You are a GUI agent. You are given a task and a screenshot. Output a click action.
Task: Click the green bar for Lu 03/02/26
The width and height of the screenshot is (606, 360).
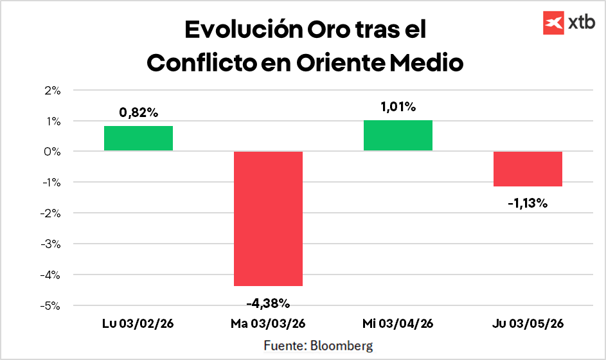[x=138, y=138]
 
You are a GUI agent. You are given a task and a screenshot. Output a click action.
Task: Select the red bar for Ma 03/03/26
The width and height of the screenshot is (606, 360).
[x=268, y=219]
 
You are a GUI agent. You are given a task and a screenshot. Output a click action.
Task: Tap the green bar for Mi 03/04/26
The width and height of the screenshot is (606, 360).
[x=398, y=136]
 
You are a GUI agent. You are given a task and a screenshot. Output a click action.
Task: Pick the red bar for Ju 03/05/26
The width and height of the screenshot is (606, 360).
[x=528, y=169]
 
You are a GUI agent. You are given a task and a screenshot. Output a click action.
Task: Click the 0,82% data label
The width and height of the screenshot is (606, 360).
[x=138, y=113]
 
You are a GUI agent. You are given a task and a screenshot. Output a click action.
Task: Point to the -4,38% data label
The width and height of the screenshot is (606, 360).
[x=268, y=302]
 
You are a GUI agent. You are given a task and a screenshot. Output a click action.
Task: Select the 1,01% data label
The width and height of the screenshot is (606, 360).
[x=398, y=107]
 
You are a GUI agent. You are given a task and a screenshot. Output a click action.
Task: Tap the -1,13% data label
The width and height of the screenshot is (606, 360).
[x=528, y=204]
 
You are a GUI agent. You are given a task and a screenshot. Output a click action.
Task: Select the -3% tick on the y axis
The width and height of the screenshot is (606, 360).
[x=51, y=244]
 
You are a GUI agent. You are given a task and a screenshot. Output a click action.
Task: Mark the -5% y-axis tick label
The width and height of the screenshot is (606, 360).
[x=51, y=306]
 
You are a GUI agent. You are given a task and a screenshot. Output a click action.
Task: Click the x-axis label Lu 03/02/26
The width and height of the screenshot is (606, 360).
[x=138, y=323]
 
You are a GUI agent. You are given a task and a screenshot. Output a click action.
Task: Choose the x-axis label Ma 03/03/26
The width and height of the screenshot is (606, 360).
[x=268, y=323]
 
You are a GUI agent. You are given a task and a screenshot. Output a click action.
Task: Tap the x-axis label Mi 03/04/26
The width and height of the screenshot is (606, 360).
[x=398, y=323]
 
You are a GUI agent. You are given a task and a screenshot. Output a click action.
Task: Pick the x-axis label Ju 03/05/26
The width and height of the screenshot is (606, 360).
[x=528, y=323]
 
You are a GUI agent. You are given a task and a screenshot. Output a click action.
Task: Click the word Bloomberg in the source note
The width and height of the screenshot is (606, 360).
[x=341, y=345]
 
